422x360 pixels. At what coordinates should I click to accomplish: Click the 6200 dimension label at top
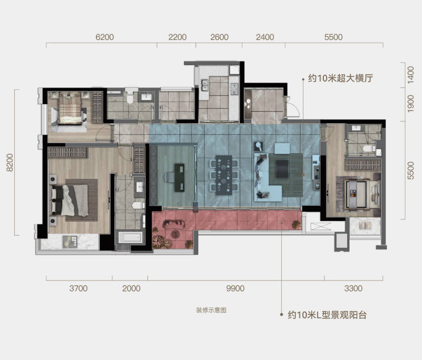(x=105, y=37)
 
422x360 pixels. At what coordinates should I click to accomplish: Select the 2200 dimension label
(x=177, y=37)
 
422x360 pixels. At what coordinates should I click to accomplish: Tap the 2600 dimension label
(x=220, y=37)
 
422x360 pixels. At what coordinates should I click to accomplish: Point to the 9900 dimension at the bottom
(x=235, y=288)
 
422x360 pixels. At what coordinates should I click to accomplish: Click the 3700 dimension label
(x=78, y=288)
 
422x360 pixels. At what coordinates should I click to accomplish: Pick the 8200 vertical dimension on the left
(x=10, y=162)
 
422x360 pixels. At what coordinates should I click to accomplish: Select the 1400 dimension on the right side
(x=410, y=75)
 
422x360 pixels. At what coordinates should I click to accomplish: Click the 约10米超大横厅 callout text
(x=340, y=78)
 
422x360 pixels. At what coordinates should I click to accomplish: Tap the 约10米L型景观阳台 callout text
(x=327, y=314)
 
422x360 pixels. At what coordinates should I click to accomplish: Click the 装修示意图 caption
(x=211, y=310)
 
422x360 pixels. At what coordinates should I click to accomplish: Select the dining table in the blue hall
(x=224, y=175)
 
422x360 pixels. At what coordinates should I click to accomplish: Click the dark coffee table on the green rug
(x=282, y=169)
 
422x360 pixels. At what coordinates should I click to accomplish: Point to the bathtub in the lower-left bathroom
(x=130, y=238)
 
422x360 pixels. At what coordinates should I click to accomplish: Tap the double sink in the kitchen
(x=205, y=85)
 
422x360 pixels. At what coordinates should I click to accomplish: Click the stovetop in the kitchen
(x=234, y=89)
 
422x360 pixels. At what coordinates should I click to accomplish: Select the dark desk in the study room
(x=180, y=178)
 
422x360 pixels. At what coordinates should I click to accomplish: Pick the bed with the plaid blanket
(x=70, y=108)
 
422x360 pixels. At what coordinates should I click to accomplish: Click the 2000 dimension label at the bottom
(x=131, y=288)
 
